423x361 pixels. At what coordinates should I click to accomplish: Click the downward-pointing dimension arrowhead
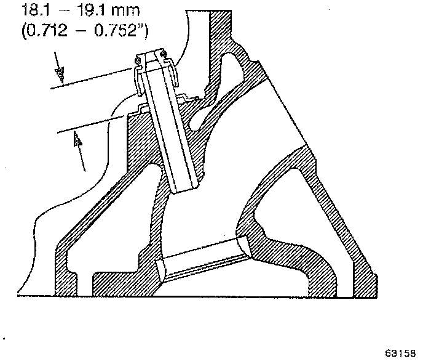click(x=60, y=76)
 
